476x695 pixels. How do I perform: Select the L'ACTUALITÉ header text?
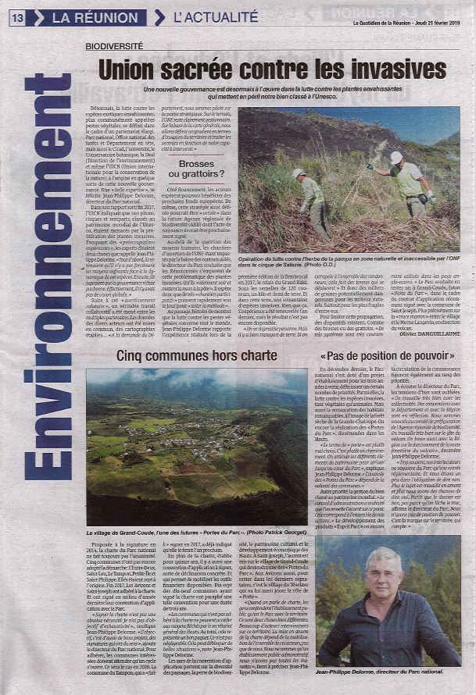pyautogui.click(x=215, y=16)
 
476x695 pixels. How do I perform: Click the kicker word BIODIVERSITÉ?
pyautogui.click(x=114, y=46)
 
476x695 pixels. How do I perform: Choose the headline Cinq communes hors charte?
pyautogui.click(x=196, y=355)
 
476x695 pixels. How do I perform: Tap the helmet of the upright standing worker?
pyautogui.click(x=395, y=157)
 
